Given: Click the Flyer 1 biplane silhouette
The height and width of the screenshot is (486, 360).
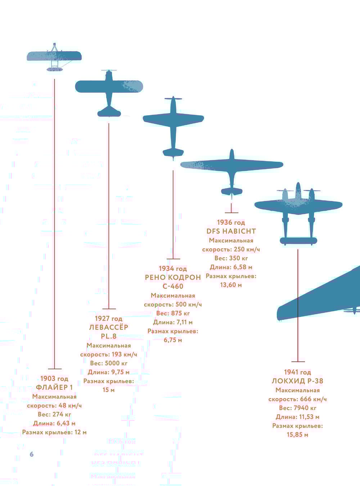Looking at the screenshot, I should click(x=54, y=56).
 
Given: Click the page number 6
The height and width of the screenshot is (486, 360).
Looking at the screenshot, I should click(x=31, y=454).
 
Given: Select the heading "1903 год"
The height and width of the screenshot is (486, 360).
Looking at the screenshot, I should click(x=54, y=379).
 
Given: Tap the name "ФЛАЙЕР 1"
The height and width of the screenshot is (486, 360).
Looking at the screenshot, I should click(x=54, y=388).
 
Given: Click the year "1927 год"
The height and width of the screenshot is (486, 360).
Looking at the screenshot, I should click(x=108, y=318).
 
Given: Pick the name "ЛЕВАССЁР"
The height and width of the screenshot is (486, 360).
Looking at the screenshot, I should click(x=108, y=327).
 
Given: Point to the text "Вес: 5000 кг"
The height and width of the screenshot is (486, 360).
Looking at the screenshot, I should click(x=109, y=363).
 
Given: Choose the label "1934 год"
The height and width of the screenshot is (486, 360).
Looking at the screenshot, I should click(x=173, y=269).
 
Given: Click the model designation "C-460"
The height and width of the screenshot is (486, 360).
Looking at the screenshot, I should click(x=173, y=286).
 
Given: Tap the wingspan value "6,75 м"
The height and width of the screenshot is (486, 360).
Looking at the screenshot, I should click(x=173, y=340).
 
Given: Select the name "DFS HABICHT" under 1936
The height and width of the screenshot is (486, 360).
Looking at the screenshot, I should click(x=231, y=231).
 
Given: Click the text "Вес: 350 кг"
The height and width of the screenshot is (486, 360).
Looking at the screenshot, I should click(x=231, y=258).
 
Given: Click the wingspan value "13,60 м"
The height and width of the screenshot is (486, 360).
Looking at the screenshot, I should click(x=231, y=285).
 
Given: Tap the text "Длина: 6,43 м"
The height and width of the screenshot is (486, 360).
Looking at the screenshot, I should click(x=54, y=423).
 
